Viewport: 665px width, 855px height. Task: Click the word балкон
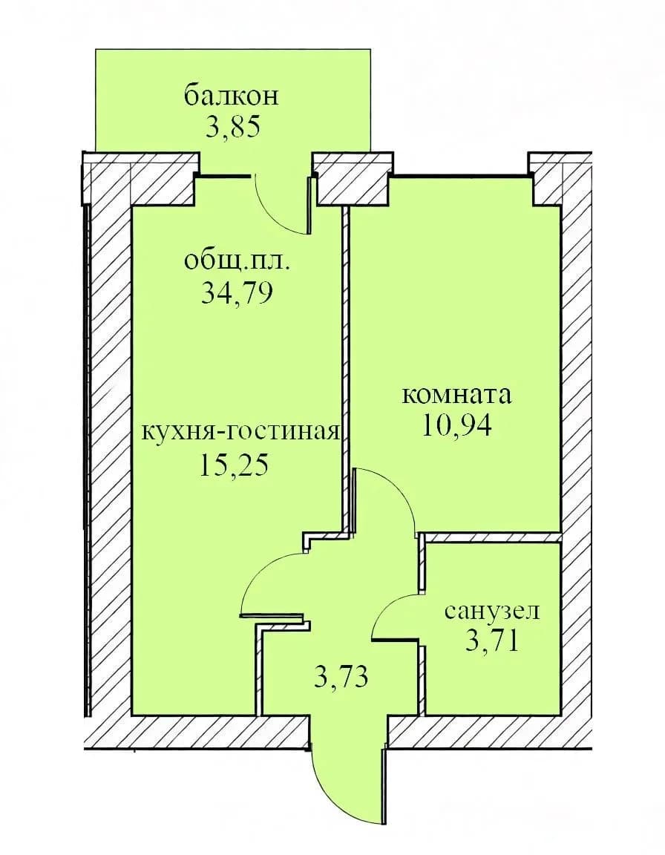pos(232,96)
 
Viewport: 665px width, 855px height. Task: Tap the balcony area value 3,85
pos(231,126)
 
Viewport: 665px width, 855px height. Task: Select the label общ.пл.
pos(237,263)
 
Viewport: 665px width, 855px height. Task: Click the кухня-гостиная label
pos(241,433)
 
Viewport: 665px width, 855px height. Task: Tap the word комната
pos(456,395)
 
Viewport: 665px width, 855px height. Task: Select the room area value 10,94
pos(456,426)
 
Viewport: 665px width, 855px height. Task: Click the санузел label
pos(491,611)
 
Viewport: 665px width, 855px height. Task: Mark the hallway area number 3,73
pos(342,677)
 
